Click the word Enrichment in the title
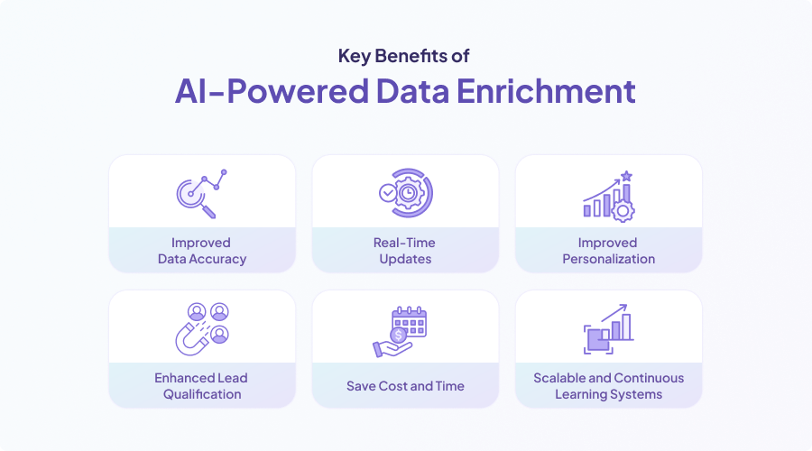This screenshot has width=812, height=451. pos(546,91)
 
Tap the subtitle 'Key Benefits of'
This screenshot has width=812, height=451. pos(404,56)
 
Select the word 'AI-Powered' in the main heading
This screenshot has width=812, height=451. pos(272,91)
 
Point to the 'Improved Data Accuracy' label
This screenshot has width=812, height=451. pos(202,251)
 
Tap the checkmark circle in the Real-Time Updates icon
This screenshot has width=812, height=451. pos(387,193)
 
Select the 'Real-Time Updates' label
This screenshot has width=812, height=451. pos(405,251)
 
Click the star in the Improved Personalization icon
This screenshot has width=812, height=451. pos(627,176)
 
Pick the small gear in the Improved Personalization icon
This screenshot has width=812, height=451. pos(623,211)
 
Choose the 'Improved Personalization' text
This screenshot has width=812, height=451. pos(608,251)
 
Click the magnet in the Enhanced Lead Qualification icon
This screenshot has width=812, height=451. pos(191,337)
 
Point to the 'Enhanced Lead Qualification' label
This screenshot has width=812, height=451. pos(201,386)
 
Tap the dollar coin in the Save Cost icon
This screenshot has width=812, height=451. pos(399,336)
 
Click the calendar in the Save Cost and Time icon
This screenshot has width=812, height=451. pos(410,322)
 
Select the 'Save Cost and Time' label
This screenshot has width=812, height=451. pos(405,386)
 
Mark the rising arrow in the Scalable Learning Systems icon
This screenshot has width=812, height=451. pos(614,313)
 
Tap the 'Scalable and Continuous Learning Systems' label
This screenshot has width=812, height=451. pos(608,386)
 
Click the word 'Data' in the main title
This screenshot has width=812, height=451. pos(412,91)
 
